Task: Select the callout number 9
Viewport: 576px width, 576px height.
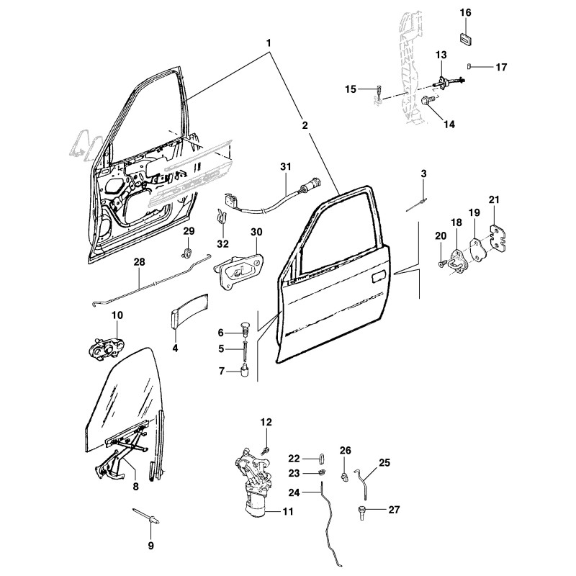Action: (x=150, y=546)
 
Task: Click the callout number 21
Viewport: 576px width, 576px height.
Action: (x=494, y=199)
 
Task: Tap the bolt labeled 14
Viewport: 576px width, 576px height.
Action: (x=428, y=102)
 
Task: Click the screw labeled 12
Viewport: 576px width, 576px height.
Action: (x=266, y=449)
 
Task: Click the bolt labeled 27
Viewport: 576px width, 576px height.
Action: (x=363, y=511)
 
